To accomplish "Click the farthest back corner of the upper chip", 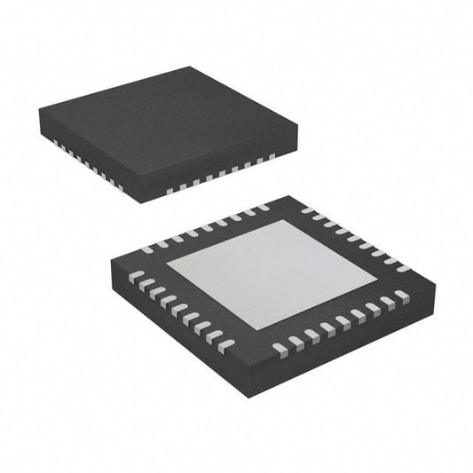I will coord(190,67).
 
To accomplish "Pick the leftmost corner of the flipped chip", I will coord(112,261).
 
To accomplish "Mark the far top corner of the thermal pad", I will coord(285,221).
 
